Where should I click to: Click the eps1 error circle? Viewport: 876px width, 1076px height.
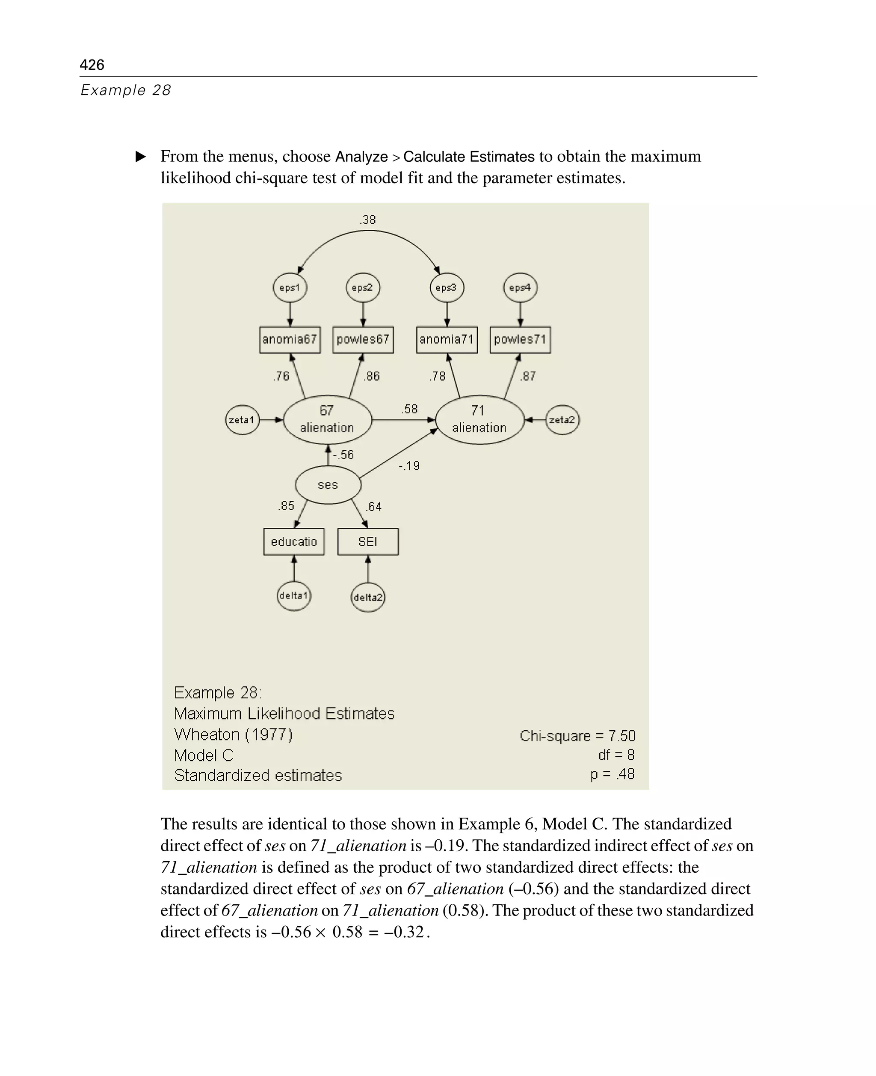click(x=290, y=288)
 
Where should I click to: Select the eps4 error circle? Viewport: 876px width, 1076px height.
click(x=520, y=288)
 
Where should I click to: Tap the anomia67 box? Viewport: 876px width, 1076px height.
click(x=290, y=339)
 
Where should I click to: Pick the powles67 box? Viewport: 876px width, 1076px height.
click(x=363, y=339)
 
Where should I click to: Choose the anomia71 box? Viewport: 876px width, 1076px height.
click(x=447, y=339)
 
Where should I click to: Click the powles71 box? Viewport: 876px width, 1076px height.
click(x=520, y=339)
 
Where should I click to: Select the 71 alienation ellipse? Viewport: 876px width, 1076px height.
click(x=479, y=419)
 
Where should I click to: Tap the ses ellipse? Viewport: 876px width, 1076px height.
click(x=328, y=485)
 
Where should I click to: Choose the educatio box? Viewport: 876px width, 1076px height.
click(x=294, y=542)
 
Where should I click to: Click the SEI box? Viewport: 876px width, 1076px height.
click(x=368, y=542)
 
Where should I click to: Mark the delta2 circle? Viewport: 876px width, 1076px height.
click(x=368, y=597)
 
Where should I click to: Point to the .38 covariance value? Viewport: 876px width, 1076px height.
click(x=368, y=220)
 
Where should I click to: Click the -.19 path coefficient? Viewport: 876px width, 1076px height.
click(x=409, y=466)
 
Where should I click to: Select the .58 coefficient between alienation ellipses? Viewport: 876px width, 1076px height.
click(x=410, y=409)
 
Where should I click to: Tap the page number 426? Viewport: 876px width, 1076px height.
click(x=92, y=65)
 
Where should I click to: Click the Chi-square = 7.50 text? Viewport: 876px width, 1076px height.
click(x=577, y=736)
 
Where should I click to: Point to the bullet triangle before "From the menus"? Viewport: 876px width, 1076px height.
click(x=141, y=157)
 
